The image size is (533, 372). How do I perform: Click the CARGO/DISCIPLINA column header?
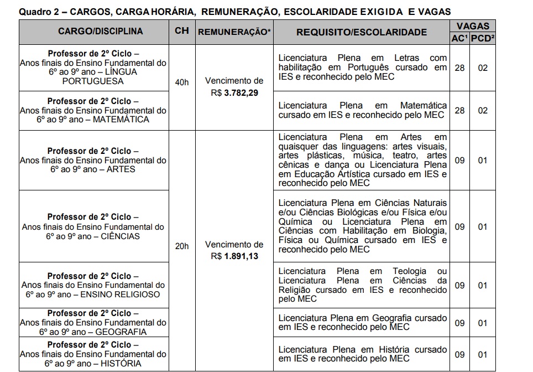point(93,32)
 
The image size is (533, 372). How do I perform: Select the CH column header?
point(181,31)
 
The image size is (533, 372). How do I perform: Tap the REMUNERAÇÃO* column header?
point(234,32)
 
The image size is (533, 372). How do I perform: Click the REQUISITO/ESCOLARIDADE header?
point(361,32)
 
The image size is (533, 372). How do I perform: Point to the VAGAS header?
point(472,25)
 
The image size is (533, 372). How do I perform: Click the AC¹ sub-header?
point(460,38)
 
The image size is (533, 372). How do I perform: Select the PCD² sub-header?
point(483,38)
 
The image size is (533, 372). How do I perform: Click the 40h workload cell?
point(181,82)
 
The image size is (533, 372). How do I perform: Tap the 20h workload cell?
point(181,246)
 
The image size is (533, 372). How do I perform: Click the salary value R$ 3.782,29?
point(234,92)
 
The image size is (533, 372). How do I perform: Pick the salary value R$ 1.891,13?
point(234,256)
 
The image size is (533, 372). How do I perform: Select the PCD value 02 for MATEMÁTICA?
point(483,110)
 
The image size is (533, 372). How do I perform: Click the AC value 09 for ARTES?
point(459,161)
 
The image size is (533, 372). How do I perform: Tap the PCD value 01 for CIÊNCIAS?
point(483,227)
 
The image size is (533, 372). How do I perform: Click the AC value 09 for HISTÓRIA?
point(459,355)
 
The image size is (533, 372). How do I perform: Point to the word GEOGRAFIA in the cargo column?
point(121,332)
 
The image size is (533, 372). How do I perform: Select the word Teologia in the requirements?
point(409,271)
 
